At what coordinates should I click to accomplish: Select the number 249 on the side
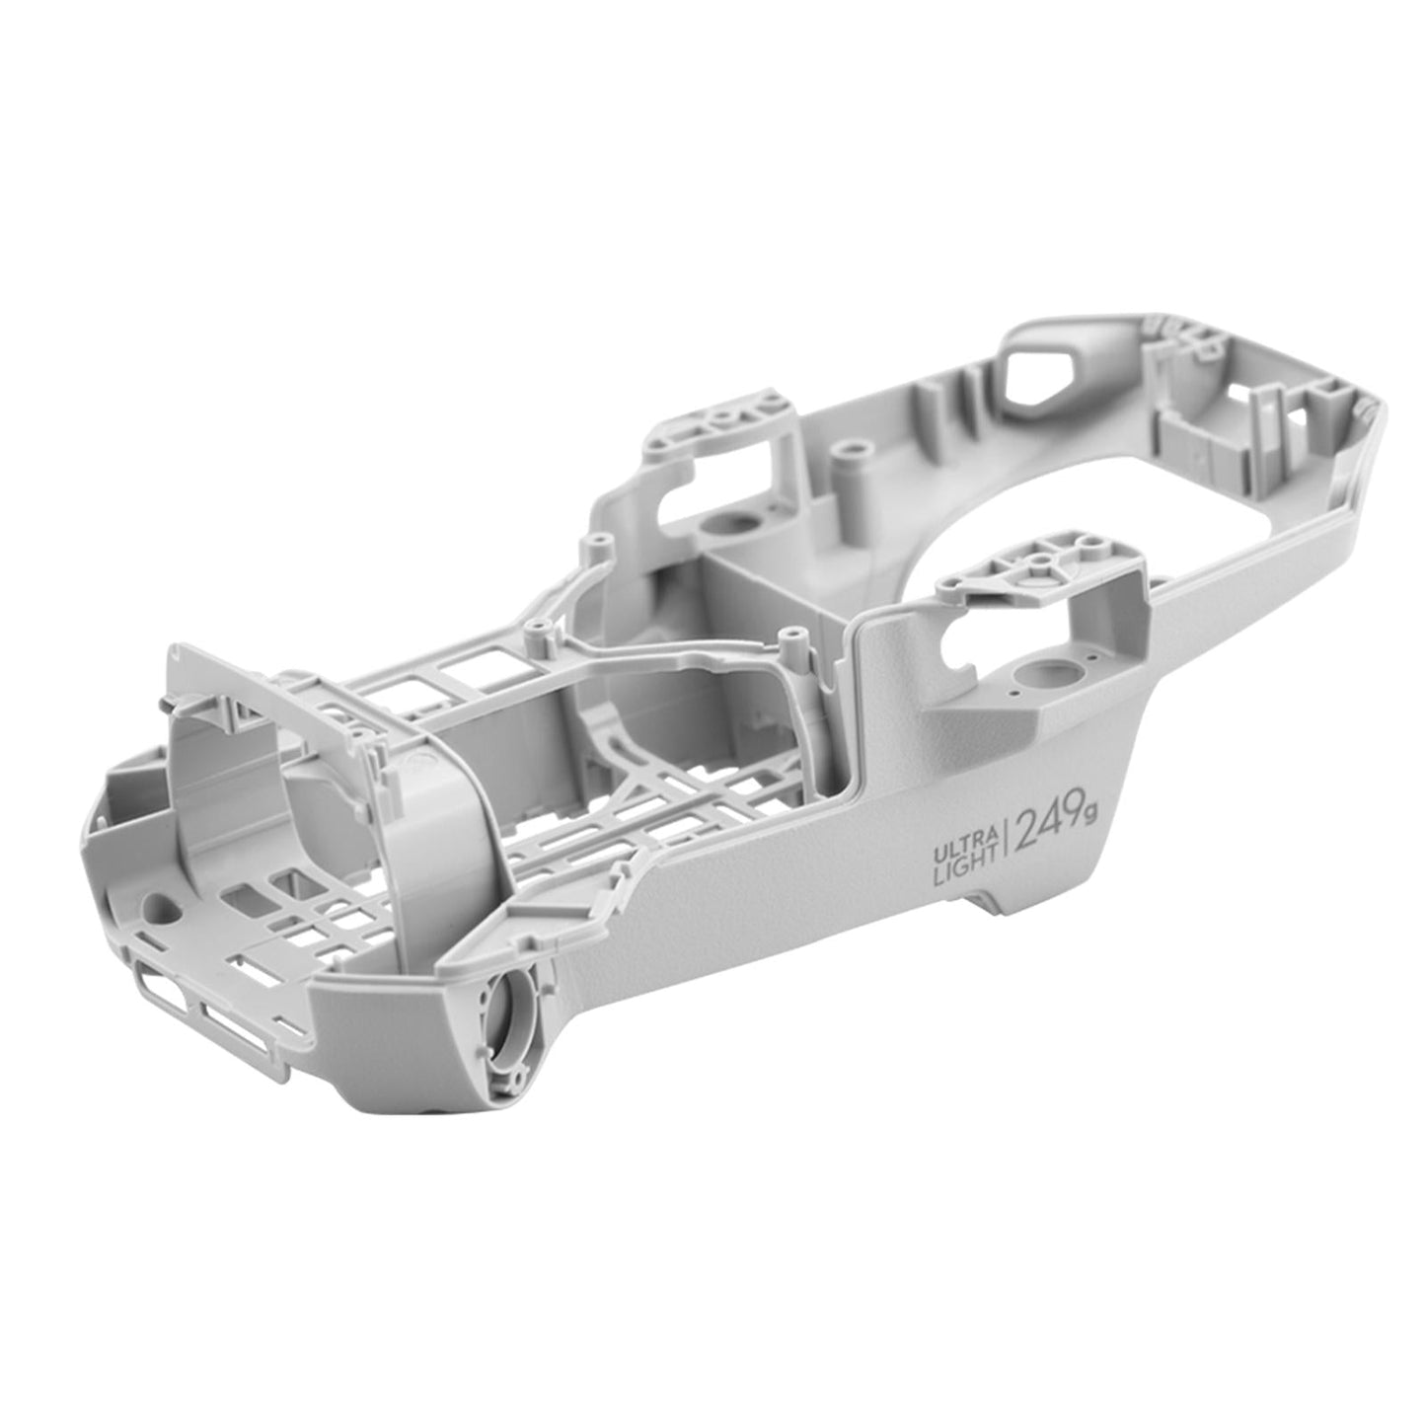pos(1051,826)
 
